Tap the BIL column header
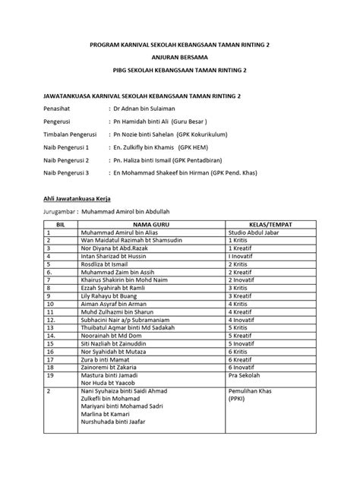(62, 225)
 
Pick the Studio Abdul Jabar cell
(256, 232)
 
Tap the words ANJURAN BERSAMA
(180, 57)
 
